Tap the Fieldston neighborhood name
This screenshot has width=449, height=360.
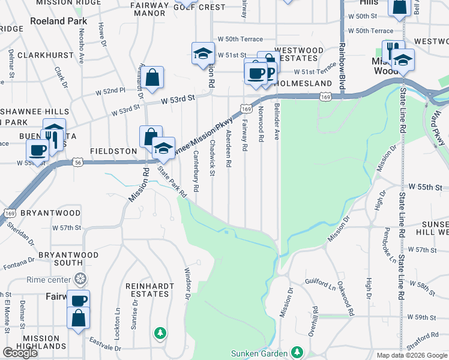point(114,152)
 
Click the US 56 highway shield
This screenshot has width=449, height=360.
point(77,162)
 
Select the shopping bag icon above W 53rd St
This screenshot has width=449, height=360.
point(153,77)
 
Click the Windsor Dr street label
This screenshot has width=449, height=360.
point(188,283)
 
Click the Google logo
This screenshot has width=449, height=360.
point(20,353)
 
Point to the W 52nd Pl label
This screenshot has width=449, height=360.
point(110,91)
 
